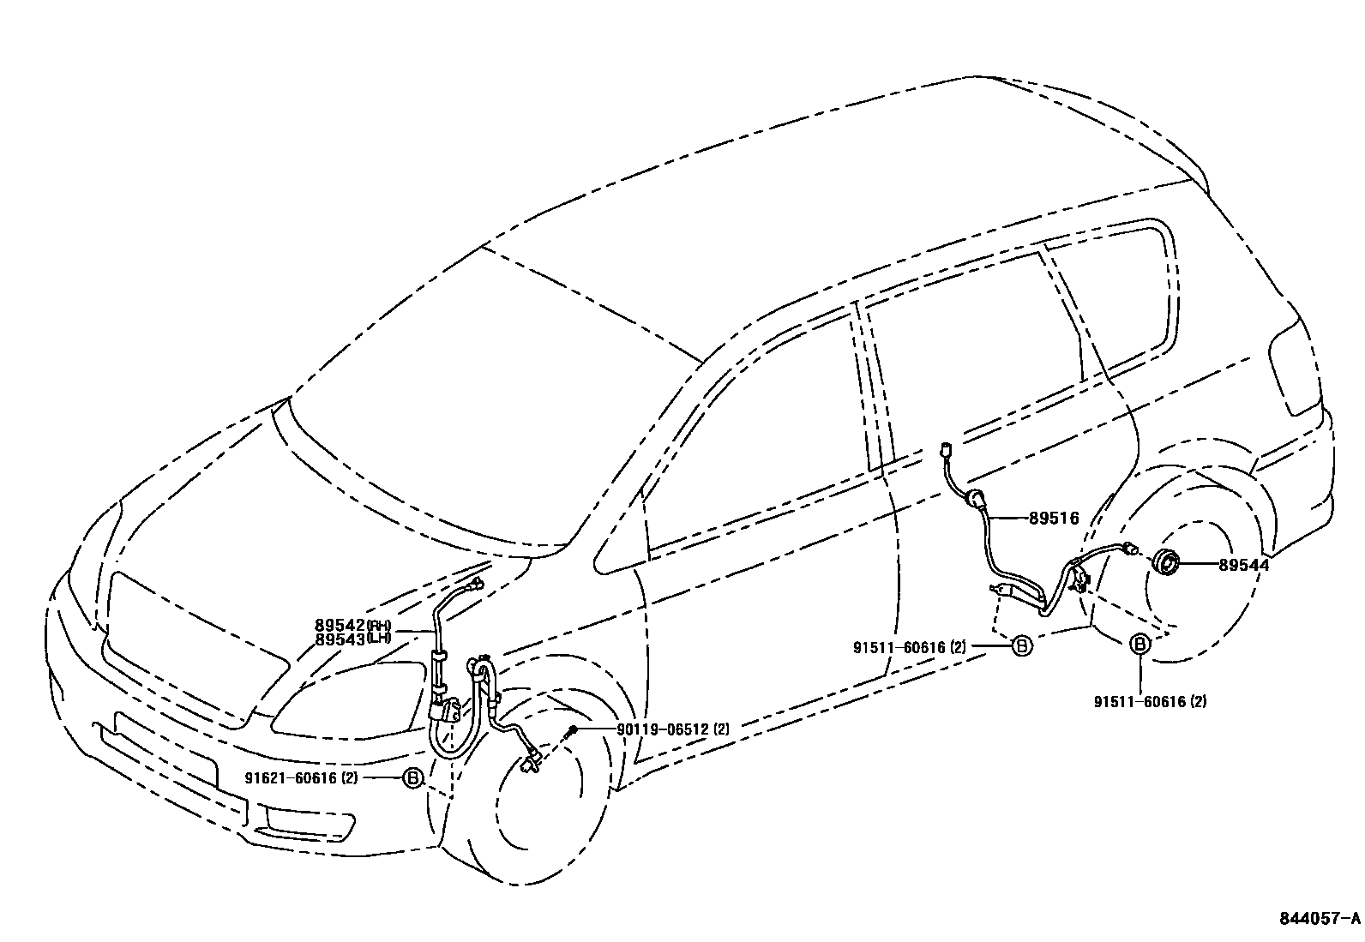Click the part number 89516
pyautogui.click(x=1053, y=519)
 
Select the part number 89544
pyautogui.click(x=1242, y=565)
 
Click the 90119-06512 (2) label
pyautogui.click(x=663, y=729)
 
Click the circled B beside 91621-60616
pyautogui.click(x=413, y=778)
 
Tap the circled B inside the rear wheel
pyautogui.click(x=1140, y=645)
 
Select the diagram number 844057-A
pyautogui.click(x=1320, y=919)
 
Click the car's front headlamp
pyautogui.click(x=343, y=699)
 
